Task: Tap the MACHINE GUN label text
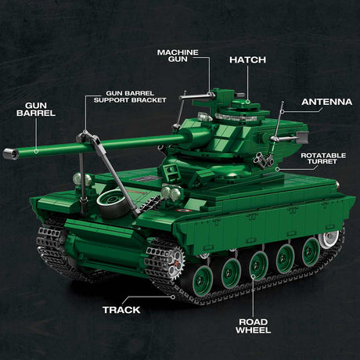(178, 56)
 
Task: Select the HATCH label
(247, 59)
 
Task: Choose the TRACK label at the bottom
(121, 310)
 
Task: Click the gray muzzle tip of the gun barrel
(10, 154)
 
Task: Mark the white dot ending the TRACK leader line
(173, 296)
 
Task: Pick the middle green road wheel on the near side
(257, 265)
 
